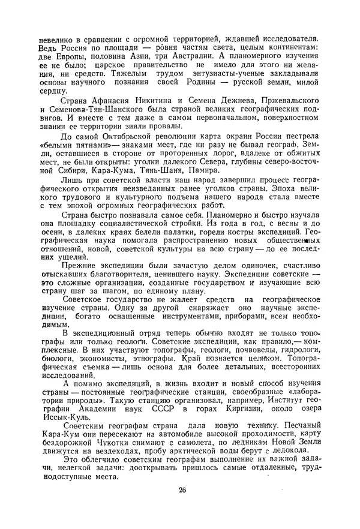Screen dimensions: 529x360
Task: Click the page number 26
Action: [182, 490]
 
